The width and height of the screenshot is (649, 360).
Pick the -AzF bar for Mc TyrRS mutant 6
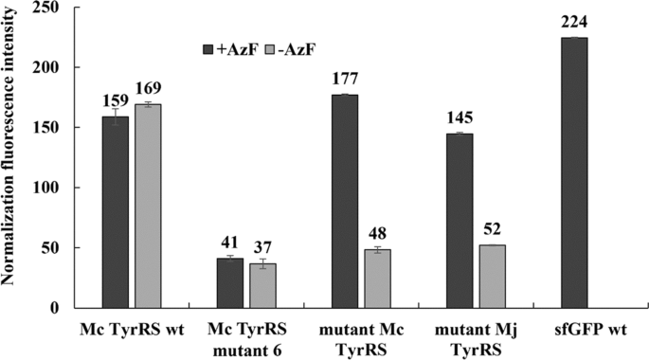tap(261, 285)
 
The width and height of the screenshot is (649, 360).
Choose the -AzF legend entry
tap(290, 45)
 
